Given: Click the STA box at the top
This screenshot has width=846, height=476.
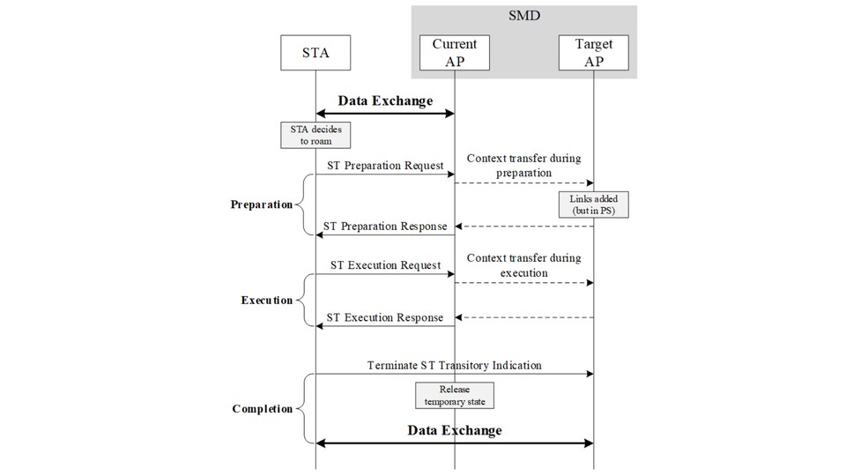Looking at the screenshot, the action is click(315, 53).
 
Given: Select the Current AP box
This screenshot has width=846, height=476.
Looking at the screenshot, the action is click(455, 53).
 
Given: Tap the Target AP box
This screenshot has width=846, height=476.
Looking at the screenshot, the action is click(593, 53).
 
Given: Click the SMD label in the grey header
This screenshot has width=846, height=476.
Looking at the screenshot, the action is click(523, 16).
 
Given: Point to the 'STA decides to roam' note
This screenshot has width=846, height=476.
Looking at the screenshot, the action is click(315, 135).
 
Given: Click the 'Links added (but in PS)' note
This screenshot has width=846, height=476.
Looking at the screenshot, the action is click(593, 205).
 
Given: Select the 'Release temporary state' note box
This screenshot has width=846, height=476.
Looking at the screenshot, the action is click(455, 396).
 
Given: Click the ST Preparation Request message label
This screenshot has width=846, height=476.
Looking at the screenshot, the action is click(385, 166).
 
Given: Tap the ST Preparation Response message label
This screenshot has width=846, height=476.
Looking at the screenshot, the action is click(385, 227).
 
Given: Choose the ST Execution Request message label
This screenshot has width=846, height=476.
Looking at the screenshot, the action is click(385, 265).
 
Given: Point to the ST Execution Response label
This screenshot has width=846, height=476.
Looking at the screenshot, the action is click(385, 318).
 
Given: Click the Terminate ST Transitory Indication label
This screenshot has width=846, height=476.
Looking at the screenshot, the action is click(455, 365).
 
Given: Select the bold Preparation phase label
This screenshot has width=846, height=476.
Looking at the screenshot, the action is click(262, 205).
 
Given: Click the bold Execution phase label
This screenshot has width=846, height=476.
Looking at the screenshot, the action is click(266, 300).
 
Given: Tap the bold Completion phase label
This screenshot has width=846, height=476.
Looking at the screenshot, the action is click(263, 408).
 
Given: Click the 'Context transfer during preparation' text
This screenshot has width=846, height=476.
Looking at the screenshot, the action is click(523, 166).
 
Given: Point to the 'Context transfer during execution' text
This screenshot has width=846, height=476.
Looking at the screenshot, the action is click(523, 265).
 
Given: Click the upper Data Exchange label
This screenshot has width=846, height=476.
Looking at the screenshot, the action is click(385, 100).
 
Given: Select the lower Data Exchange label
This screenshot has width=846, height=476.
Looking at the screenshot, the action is click(455, 430).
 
